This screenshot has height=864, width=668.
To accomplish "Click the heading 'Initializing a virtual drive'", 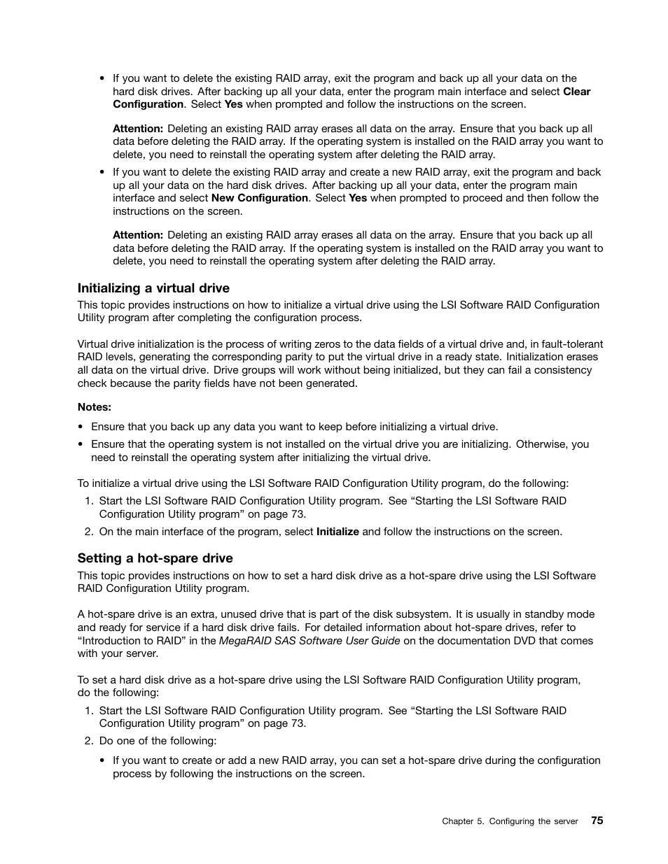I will coord(153,288).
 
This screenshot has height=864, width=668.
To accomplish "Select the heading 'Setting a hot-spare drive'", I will coord(155,558).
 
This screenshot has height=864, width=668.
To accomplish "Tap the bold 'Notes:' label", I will coord(95,407).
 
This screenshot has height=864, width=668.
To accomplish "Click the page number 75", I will coord(597,821).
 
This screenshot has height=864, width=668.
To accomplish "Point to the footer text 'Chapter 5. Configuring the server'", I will coord(510,821).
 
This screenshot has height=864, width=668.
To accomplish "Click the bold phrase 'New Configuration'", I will coord(259,198).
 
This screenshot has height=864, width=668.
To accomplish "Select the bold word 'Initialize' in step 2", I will coord(338,532).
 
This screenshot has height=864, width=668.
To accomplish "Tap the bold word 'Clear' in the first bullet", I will coord(576,92).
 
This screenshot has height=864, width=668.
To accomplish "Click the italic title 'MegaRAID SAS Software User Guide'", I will coord(309,641).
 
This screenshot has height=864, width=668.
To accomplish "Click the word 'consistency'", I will coord(563,370).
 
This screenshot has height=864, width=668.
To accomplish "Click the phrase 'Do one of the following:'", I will coord(158,741).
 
